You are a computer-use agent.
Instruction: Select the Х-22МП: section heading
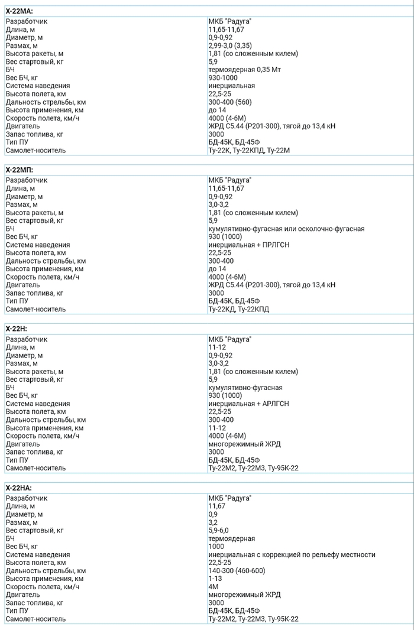pos(20,170)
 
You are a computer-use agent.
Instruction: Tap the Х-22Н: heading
pos(17,329)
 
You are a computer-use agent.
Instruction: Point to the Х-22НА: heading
pos(19,488)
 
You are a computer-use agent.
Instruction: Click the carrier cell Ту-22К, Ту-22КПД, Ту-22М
pos(249,150)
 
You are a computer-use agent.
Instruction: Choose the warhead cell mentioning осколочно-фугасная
pos(286,229)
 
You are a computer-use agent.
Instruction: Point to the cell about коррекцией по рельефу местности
pos(292,555)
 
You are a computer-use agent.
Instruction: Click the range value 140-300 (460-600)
pos(237,571)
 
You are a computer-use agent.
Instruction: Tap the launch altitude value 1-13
pos(215,579)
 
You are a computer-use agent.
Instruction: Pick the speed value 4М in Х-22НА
pos(213,587)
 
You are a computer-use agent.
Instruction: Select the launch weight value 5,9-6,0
pos(219,531)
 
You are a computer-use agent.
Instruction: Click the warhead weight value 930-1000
pos(223,77)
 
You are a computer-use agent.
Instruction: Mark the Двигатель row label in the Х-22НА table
pos(23,595)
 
